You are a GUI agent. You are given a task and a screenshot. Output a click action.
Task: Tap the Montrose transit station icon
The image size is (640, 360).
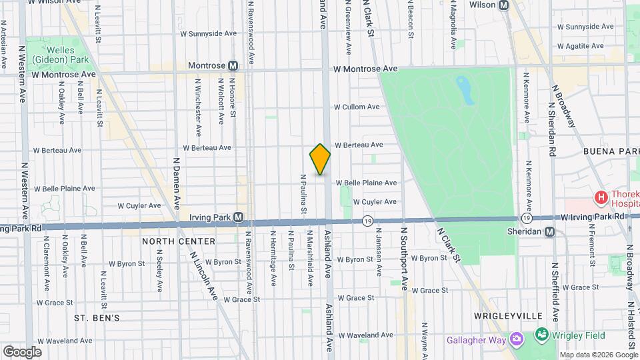coord(233,66)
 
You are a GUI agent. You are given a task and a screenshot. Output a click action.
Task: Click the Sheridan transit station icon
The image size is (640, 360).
coord(549,231)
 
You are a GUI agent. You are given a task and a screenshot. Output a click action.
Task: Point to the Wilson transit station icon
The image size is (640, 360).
coord(503,5)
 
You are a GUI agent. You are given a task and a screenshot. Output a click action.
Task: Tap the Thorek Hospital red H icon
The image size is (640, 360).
coord(601,197)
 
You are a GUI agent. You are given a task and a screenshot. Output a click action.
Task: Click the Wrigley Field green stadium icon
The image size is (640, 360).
coord(541,335)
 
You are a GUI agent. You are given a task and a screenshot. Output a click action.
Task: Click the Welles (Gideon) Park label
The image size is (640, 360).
coord(67,55)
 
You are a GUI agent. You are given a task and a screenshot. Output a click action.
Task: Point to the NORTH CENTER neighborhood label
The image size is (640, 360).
coord(179,241)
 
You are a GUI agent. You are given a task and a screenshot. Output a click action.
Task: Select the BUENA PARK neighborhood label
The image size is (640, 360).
coord(611,151)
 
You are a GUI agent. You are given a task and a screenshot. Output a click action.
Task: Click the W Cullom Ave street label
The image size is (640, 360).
coord(357,107)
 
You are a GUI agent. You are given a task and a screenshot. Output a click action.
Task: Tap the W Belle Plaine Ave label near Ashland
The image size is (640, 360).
coord(366,183)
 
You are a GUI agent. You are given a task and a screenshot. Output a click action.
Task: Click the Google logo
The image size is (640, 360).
coord(22,351)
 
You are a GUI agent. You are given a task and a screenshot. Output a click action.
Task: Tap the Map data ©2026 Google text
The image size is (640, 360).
coord(598,355)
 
